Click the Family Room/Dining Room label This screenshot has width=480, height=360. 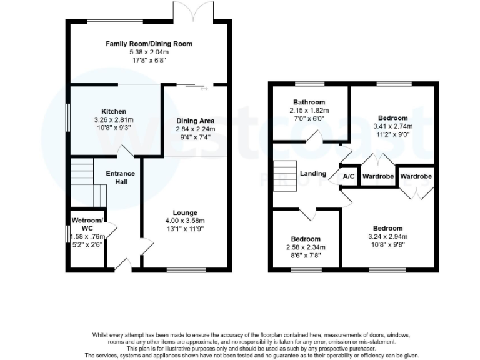[x=149, y=44]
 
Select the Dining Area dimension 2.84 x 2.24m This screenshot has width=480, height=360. [x=195, y=129]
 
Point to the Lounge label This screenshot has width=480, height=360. [x=185, y=212]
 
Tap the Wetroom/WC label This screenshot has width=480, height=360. [x=87, y=224]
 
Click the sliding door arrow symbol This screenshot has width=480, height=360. [x=204, y=88]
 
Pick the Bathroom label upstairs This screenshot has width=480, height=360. [x=309, y=102]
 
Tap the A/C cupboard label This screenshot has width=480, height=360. [x=349, y=177]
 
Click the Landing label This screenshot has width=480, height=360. [x=313, y=173]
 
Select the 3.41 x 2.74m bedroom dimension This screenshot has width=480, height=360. [x=392, y=126]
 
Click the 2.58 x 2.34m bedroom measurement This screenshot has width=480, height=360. [x=306, y=247]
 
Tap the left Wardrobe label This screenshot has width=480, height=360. [x=378, y=177]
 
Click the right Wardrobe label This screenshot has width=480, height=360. [x=416, y=177]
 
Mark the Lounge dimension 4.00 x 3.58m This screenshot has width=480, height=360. [x=185, y=221]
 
